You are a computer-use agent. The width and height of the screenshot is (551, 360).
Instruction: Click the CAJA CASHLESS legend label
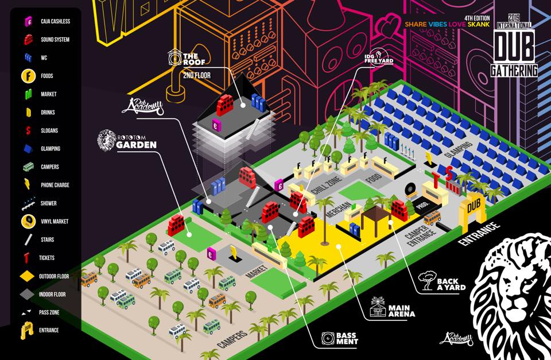(55, 21)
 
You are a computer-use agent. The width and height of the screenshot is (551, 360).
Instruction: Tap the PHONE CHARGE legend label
(56, 185)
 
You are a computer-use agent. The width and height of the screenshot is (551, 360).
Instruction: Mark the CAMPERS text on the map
(232, 340)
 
